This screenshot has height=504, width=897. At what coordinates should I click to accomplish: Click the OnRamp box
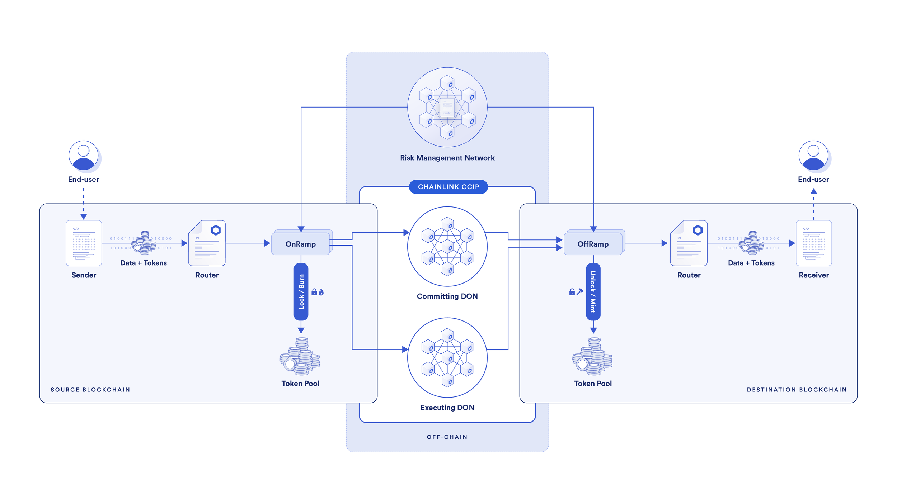point(301,244)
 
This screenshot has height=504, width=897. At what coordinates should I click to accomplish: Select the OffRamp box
point(593,244)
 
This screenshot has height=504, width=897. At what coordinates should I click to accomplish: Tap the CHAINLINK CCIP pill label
point(448,187)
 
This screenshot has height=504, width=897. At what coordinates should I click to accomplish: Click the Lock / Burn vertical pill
point(301,291)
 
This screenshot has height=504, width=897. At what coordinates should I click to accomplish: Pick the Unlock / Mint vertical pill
point(593,291)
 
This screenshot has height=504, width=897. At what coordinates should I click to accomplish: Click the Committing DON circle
point(447,246)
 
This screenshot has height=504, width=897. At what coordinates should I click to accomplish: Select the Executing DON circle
point(447,357)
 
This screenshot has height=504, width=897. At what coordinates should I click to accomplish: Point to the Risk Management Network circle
point(447,107)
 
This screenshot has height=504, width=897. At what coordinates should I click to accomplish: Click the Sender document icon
point(84,243)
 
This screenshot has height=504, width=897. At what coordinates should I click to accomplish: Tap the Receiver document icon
point(813,243)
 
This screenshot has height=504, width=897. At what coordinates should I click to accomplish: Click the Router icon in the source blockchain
point(207,243)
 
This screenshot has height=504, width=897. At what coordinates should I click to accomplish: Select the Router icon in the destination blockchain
point(689,243)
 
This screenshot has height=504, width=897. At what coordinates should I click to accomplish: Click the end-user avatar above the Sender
point(84,156)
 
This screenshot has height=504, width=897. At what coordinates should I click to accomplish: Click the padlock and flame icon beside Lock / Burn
point(318,292)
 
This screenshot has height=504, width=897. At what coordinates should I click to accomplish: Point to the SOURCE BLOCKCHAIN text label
point(90,390)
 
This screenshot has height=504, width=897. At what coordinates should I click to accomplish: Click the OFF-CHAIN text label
point(447,437)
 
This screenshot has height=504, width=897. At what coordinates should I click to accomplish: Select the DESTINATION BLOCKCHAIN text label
point(797,390)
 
